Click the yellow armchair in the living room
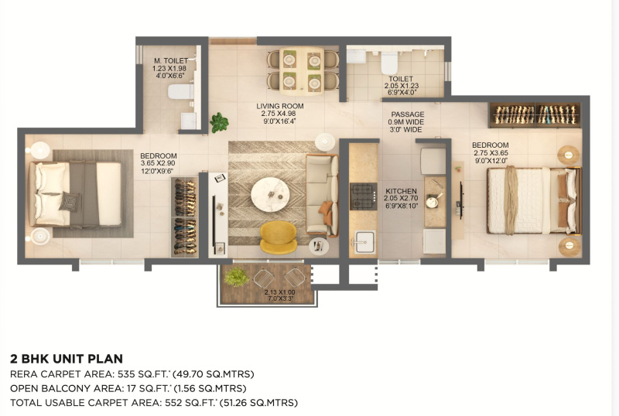(x=279, y=237)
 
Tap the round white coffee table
(x=270, y=194)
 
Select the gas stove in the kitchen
(x=363, y=196)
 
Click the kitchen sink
(x=364, y=241)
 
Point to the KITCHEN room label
(x=401, y=191)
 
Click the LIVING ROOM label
(x=280, y=106)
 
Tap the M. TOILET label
(x=171, y=61)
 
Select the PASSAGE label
(x=408, y=114)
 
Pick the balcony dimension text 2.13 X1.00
(x=279, y=292)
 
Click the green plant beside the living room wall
(x=219, y=122)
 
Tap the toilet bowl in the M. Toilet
(x=181, y=91)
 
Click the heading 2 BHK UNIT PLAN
(x=67, y=359)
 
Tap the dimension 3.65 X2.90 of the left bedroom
(x=158, y=163)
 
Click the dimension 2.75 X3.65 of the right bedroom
(x=491, y=153)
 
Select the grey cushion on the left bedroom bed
(x=70, y=201)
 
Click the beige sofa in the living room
(x=322, y=195)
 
